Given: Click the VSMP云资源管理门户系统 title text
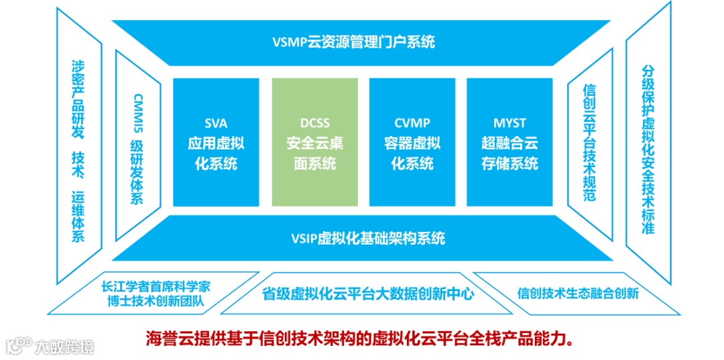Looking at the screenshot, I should tap(354, 42).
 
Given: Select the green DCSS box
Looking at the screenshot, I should tap(314, 142).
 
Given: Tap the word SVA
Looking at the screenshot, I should tap(216, 123).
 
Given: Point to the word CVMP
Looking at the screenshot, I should tap(412, 123).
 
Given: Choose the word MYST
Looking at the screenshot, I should tap(509, 123).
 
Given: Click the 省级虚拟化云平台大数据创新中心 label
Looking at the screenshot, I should tap(367, 294).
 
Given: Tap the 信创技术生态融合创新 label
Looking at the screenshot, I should tap(578, 293).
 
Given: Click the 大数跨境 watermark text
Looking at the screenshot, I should tap(64, 347).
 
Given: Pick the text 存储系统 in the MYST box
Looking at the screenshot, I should tap(509, 163).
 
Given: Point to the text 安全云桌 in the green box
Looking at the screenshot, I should tap(314, 143).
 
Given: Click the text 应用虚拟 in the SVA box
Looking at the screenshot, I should tap(216, 143).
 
